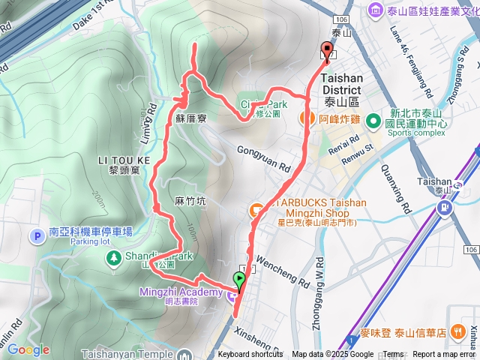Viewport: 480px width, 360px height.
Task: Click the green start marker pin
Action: pos(239,281)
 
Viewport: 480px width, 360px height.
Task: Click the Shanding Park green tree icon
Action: pos(112,258)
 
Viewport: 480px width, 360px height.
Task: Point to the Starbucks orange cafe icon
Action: pos(256,209)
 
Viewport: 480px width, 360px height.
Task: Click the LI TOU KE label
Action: pos(124,160)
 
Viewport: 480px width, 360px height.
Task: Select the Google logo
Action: pos(28,349)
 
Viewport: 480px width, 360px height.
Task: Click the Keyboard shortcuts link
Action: pos(250,355)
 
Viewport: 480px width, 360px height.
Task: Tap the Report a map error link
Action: pos(445,355)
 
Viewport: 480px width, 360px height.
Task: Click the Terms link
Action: pos(393,355)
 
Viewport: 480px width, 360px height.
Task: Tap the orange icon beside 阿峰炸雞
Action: pos(307,118)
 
